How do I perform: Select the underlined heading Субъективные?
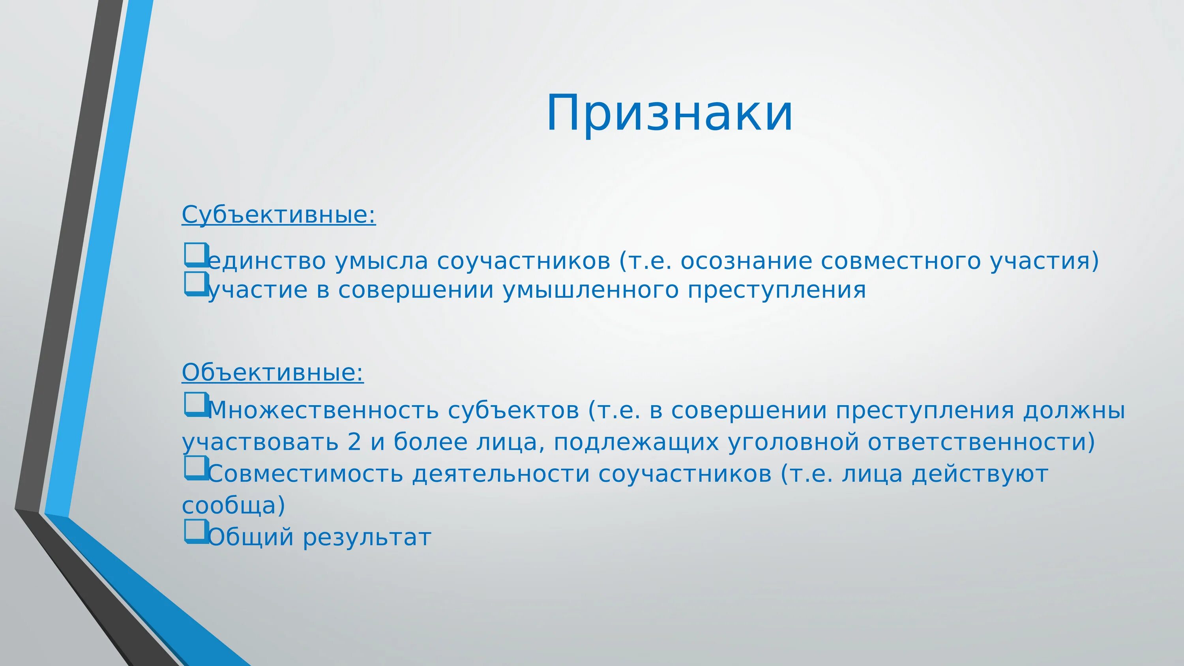279,215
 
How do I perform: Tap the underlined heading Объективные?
273,372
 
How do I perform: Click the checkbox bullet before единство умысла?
197,254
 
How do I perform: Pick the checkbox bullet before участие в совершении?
197,284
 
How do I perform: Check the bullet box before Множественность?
197,404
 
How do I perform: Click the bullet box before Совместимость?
197,468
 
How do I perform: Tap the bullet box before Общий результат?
197,531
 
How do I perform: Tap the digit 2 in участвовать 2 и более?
354,442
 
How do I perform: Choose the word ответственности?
981,442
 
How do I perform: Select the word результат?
367,537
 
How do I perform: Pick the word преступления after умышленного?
776,290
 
